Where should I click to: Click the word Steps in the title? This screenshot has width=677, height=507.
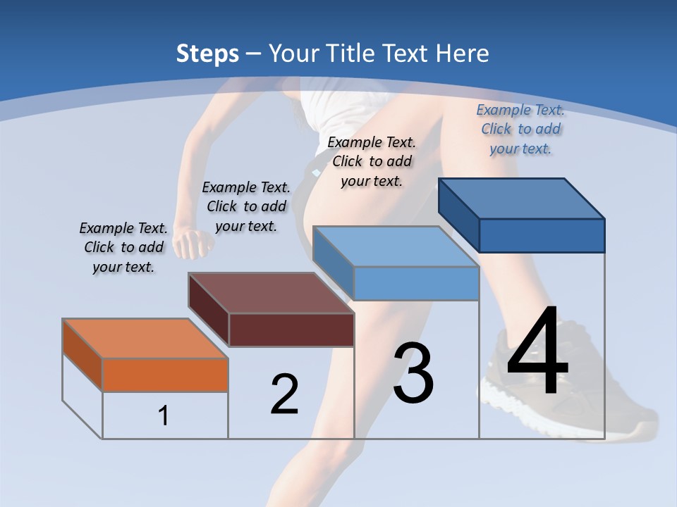207,54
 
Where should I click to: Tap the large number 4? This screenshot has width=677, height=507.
538,352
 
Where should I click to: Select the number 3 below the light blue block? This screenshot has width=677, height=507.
413,373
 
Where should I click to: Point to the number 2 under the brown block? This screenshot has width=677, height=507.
285,394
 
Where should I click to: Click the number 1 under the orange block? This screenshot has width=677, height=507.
164,416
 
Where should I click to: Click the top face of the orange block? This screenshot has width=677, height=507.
145,339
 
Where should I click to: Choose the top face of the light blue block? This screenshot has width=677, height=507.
396,246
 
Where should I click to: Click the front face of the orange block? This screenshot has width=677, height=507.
165,375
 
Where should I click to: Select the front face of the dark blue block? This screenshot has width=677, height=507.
542,235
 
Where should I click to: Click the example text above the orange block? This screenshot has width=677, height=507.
123,247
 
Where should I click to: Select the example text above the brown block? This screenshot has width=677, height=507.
246,206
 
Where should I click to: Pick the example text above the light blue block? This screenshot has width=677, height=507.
372,161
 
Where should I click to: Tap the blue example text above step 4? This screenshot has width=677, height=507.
520,129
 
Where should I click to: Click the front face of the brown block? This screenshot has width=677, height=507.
291,330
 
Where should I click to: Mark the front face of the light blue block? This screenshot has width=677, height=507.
416,283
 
